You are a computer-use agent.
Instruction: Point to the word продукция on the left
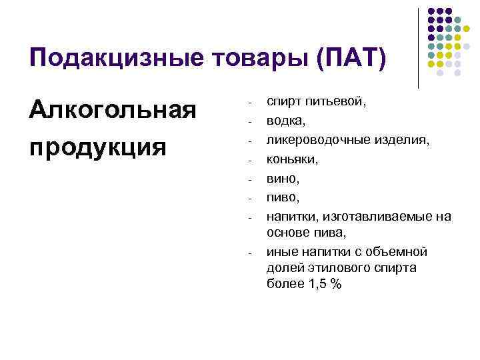click(x=97, y=145)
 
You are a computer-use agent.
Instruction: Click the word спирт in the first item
click(x=284, y=103)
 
